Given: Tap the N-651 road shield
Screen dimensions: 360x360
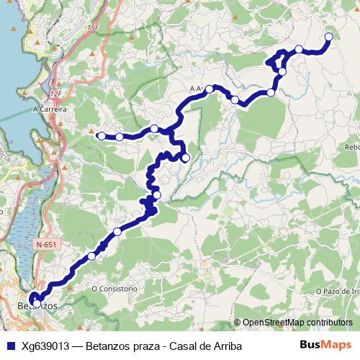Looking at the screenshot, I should click(45, 245).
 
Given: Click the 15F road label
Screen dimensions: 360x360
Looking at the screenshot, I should click(91, 27).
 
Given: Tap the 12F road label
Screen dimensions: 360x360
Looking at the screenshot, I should click(57, 94).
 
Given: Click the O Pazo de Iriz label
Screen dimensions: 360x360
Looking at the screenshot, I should click(337, 291).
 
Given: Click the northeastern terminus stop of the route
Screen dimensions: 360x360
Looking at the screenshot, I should click(328, 37).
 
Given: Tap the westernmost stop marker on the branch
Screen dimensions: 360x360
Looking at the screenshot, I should click(102, 135).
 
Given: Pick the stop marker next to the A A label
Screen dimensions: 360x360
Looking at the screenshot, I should click(209, 89).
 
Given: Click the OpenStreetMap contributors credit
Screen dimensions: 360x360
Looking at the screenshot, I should click(297, 323).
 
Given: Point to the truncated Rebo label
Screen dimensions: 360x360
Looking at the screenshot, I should click(351, 147).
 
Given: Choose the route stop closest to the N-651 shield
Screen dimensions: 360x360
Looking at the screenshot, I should click(91, 256).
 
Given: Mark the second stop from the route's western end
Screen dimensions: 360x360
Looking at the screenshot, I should click(120, 136).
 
